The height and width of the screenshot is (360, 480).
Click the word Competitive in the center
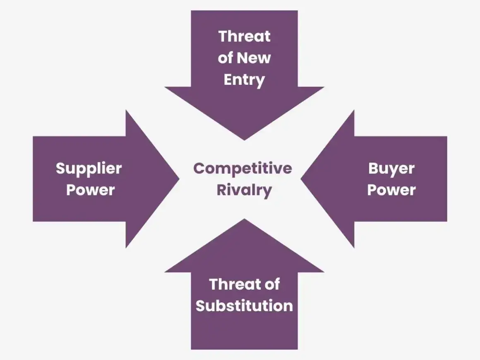[x=242, y=169]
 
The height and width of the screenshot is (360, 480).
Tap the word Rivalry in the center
[x=244, y=190]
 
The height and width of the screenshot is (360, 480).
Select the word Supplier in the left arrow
[x=89, y=169]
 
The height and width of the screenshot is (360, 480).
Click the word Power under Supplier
[x=91, y=190]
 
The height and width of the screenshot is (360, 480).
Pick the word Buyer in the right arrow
[x=391, y=169]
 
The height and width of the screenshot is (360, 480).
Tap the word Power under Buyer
[x=391, y=190]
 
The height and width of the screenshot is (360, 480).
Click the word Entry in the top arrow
[x=244, y=80]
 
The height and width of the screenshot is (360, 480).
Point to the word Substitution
[x=244, y=306]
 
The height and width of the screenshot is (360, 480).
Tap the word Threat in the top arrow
[x=244, y=36]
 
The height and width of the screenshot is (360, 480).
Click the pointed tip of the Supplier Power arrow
[x=179, y=179]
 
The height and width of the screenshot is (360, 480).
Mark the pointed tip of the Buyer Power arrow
[x=301, y=179]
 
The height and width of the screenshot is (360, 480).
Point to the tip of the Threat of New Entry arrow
[x=244, y=140]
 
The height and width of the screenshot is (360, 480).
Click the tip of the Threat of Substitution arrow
[x=244, y=219]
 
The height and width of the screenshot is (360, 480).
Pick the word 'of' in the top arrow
[x=225, y=58]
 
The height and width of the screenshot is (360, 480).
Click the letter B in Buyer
[x=374, y=168]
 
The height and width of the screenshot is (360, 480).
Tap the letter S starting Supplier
[x=61, y=168]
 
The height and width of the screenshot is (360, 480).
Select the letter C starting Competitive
[x=199, y=168]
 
